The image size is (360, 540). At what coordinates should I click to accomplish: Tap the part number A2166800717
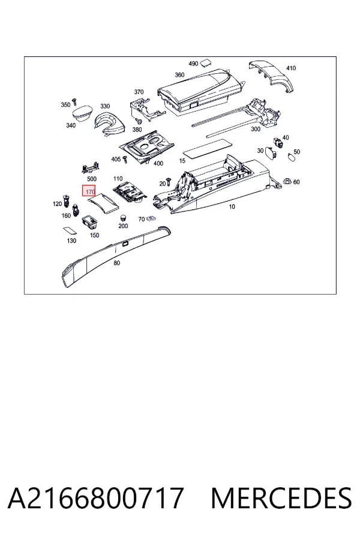[x=95, y=498]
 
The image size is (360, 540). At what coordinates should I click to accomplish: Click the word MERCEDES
[x=281, y=498]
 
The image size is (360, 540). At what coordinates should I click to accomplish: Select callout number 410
[x=291, y=68]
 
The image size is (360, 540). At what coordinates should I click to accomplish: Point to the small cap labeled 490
[x=206, y=62]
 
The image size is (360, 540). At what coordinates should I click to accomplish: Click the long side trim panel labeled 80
[x=116, y=255]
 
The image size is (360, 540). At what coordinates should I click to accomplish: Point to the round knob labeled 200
[x=123, y=218]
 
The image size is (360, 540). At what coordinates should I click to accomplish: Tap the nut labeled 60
[x=287, y=181]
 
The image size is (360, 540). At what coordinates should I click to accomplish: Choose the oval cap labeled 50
[x=292, y=158]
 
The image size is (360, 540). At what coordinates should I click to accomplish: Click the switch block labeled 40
[x=278, y=142]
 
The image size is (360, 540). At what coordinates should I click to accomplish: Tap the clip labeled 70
[x=149, y=218]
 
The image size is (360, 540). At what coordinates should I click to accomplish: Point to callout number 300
[x=256, y=129]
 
